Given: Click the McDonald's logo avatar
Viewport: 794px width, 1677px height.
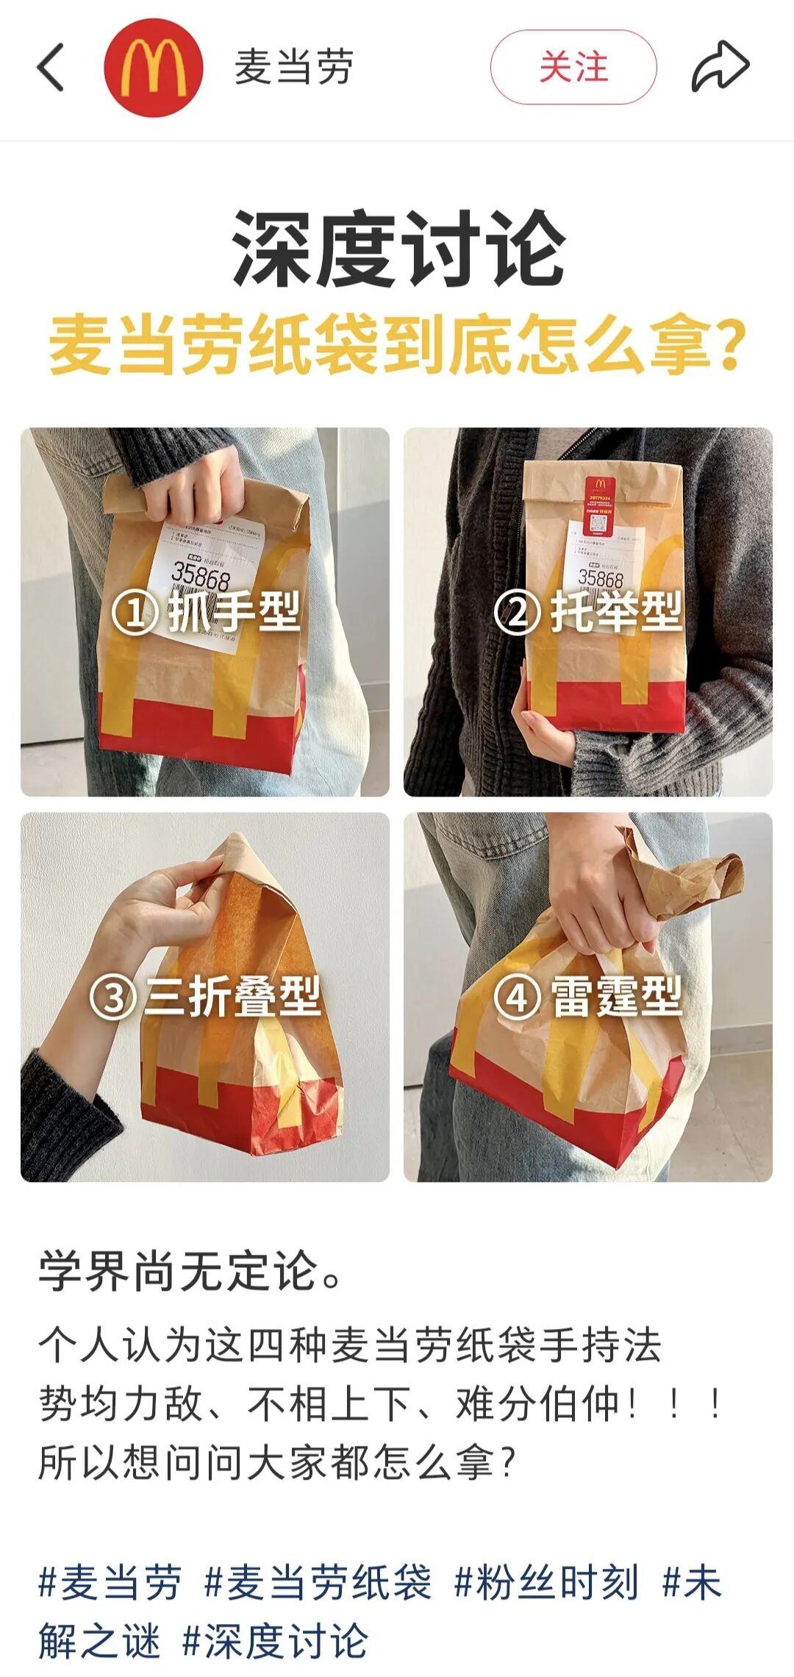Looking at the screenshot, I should pos(154,67).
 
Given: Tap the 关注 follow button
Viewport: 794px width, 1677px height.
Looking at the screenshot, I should pos(573,67).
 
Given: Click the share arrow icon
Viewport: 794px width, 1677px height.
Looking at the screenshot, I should pos(720,67).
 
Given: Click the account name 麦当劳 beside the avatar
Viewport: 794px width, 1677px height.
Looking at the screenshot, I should pos(294,67).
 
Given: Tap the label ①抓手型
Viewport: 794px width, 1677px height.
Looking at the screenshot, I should pos(206,613).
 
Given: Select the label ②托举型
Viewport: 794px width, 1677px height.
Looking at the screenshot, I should pos(588,613).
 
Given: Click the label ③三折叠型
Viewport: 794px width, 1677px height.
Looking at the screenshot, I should pos(206,997).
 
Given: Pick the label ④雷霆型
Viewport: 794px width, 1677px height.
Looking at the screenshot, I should pos(588,997).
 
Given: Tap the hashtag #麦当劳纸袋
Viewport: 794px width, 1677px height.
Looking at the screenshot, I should pos(318,1583).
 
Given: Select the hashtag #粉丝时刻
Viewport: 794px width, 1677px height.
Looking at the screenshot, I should pos(546,1583).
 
